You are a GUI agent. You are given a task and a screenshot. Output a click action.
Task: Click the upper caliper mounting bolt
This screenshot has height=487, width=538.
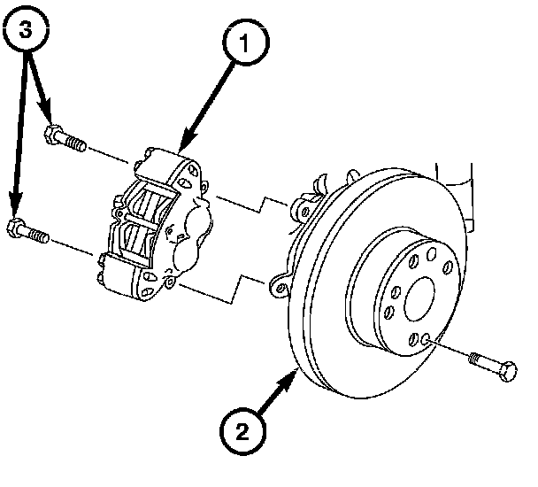point(65,139)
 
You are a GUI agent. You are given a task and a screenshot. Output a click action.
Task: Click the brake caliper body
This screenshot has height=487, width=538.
point(159,221)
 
